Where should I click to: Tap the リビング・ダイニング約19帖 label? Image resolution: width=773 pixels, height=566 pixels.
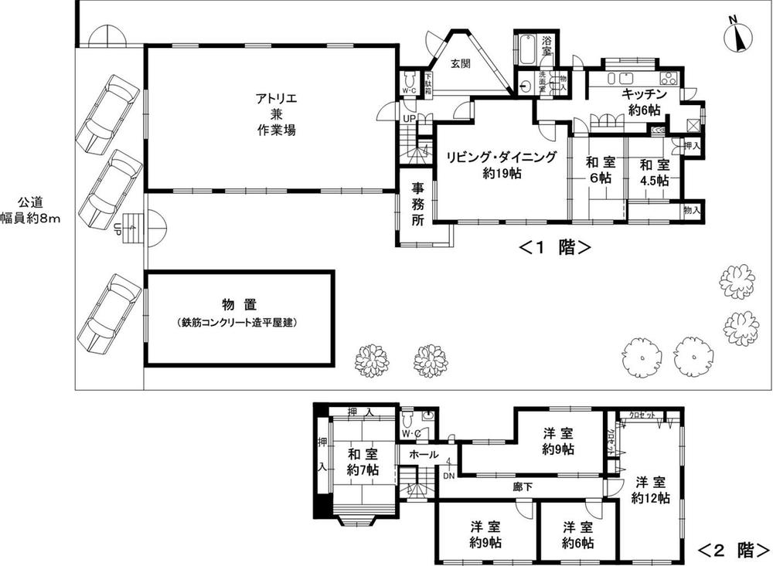pos(501,165)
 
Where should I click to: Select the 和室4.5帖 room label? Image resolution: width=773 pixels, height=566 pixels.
pos(654,171)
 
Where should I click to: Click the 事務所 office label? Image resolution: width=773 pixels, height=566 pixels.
pos(417,203)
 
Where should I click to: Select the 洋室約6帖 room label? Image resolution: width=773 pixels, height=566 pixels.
pos(577,535)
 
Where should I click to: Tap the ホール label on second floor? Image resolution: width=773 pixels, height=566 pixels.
pos(424,454)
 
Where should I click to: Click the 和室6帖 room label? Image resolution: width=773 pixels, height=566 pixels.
pos(598,170)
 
